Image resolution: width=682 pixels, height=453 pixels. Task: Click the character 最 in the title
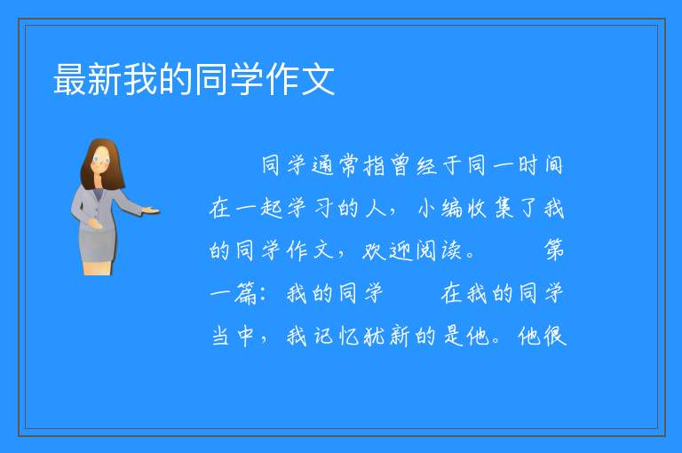[x=70, y=79]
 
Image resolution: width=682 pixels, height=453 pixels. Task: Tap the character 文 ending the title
[x=318, y=79]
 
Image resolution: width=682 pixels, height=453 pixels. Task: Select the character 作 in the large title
[x=282, y=79]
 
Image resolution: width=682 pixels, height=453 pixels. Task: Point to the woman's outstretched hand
[x=151, y=211]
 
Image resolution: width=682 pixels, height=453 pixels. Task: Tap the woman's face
[x=101, y=159]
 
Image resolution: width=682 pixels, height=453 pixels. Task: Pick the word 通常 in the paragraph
[x=336, y=165]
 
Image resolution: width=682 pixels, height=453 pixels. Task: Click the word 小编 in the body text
[x=440, y=208]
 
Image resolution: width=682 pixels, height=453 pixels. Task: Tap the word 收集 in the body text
[x=490, y=208]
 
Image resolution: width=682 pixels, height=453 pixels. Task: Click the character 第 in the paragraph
[x=554, y=250]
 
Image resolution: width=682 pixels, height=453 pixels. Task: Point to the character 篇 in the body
[x=246, y=293]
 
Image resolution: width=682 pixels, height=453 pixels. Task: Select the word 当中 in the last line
[x=233, y=336]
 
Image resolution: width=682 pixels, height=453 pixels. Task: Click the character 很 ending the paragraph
[x=555, y=336]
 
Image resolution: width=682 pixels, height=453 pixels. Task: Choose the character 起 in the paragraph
[x=272, y=208]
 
